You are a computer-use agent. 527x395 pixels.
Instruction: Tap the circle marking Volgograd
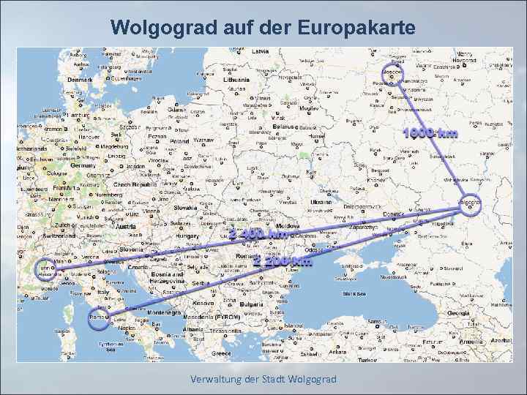coord(468,204)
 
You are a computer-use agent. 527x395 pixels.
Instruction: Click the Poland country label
coord(180,142)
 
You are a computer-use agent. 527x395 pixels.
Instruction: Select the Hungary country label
coord(187,237)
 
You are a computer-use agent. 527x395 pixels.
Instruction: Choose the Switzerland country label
coord(64,237)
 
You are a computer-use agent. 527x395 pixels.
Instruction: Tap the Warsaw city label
coord(204,139)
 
